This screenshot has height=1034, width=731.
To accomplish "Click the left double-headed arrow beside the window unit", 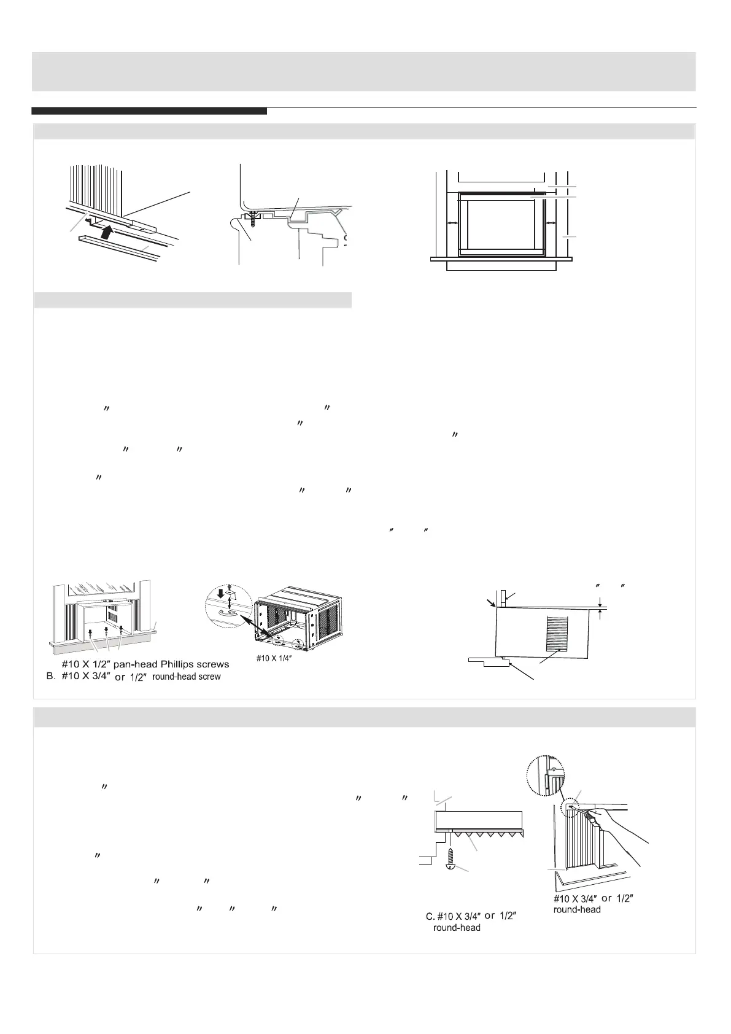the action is (x=452, y=225).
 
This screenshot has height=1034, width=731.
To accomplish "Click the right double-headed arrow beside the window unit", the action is (x=551, y=225).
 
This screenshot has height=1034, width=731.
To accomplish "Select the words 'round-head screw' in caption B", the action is (x=186, y=677).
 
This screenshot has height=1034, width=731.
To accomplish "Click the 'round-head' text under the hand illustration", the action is (x=577, y=909).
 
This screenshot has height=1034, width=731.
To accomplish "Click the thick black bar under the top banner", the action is (x=149, y=111).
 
